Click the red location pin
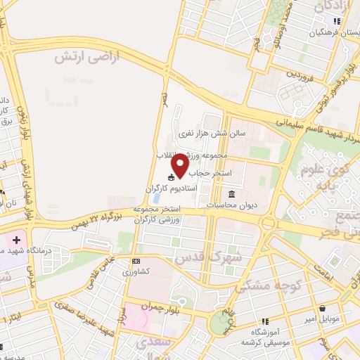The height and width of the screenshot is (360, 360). point(181,165)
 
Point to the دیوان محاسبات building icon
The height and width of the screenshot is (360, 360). point(231,195)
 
